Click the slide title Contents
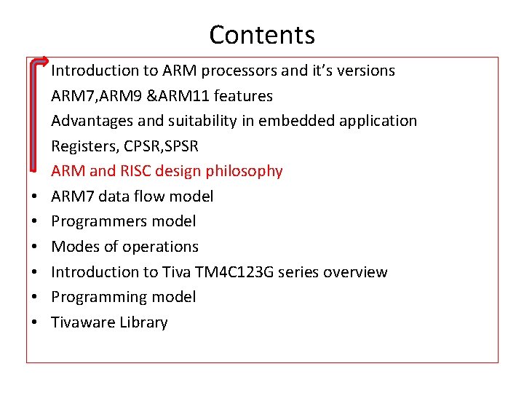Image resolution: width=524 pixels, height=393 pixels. pos(262,34)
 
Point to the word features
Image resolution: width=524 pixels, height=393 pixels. pos(247,95)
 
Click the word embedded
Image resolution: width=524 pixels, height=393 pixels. pos(309,121)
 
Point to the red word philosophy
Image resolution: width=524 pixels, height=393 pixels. pos(244,171)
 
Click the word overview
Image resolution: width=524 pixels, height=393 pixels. pos(356,272)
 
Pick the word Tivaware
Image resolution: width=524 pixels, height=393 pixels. pos(80,322)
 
